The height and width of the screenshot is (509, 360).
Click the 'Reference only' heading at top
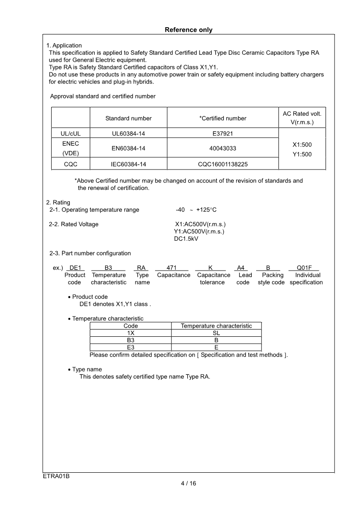188,30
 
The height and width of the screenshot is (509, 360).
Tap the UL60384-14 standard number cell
128,133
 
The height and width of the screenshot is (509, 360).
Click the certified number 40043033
223,148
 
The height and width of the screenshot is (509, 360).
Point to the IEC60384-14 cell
128,164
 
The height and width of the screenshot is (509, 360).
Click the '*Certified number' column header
223,118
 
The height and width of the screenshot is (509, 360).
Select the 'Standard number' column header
128,118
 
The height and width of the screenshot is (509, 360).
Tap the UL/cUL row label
70,133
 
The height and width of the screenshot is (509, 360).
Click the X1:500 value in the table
302,145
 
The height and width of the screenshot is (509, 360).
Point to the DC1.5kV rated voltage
186,239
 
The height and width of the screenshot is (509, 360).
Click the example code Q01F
304,268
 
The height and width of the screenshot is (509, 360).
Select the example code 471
171,268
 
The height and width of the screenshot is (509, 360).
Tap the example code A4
241,268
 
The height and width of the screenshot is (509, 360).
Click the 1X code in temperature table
131,333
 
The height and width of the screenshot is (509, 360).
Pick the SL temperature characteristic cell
216,333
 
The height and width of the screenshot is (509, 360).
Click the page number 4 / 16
188,483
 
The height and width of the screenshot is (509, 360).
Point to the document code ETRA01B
56,476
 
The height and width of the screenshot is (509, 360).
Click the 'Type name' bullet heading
87,369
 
